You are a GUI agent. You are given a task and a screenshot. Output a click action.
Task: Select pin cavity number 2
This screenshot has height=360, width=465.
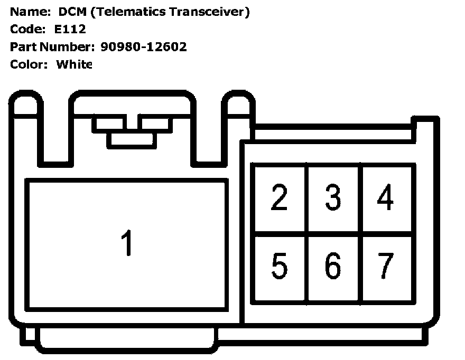[280, 198]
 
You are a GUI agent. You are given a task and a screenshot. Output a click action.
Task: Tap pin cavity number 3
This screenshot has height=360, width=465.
[333, 198]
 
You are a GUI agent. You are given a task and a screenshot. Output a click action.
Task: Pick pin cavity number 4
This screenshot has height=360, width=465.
[386, 198]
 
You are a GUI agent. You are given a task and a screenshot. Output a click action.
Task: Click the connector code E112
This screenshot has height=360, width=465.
[70, 29]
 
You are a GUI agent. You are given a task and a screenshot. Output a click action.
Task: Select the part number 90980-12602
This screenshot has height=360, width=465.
[143, 47]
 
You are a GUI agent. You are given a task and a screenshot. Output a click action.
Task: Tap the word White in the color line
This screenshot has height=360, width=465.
[74, 64]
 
